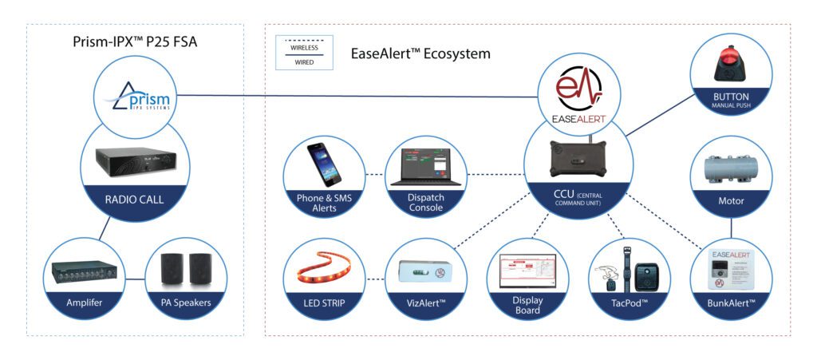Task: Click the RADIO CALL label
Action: coord(136,199)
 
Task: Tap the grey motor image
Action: coord(732,168)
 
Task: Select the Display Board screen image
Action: coord(527,272)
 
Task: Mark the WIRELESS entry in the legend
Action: coord(304,47)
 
